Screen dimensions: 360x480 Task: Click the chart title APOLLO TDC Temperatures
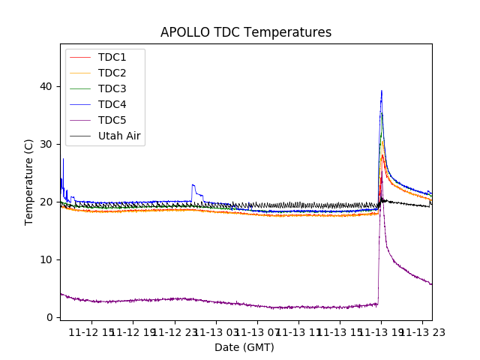(x=245, y=32)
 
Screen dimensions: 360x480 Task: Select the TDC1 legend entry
(x=112, y=58)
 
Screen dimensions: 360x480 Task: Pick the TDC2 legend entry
(x=112, y=73)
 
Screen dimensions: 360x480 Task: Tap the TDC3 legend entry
(x=112, y=89)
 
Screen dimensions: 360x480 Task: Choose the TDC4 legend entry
(x=112, y=105)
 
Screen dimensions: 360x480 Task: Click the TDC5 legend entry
(x=112, y=121)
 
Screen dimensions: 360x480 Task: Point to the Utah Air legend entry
(x=119, y=136)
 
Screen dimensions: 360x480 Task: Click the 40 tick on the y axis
(x=47, y=86)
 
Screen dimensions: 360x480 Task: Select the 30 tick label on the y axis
(x=47, y=144)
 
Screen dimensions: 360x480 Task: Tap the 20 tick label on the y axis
(x=47, y=202)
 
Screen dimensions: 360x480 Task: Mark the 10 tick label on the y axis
(x=47, y=259)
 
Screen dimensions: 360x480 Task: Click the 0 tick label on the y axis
(x=50, y=317)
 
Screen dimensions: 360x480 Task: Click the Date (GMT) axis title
(x=244, y=347)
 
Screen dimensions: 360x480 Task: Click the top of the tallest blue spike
(x=381, y=91)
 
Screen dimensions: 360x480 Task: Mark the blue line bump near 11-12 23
(x=193, y=184)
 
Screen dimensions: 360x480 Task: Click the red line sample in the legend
(x=80, y=58)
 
